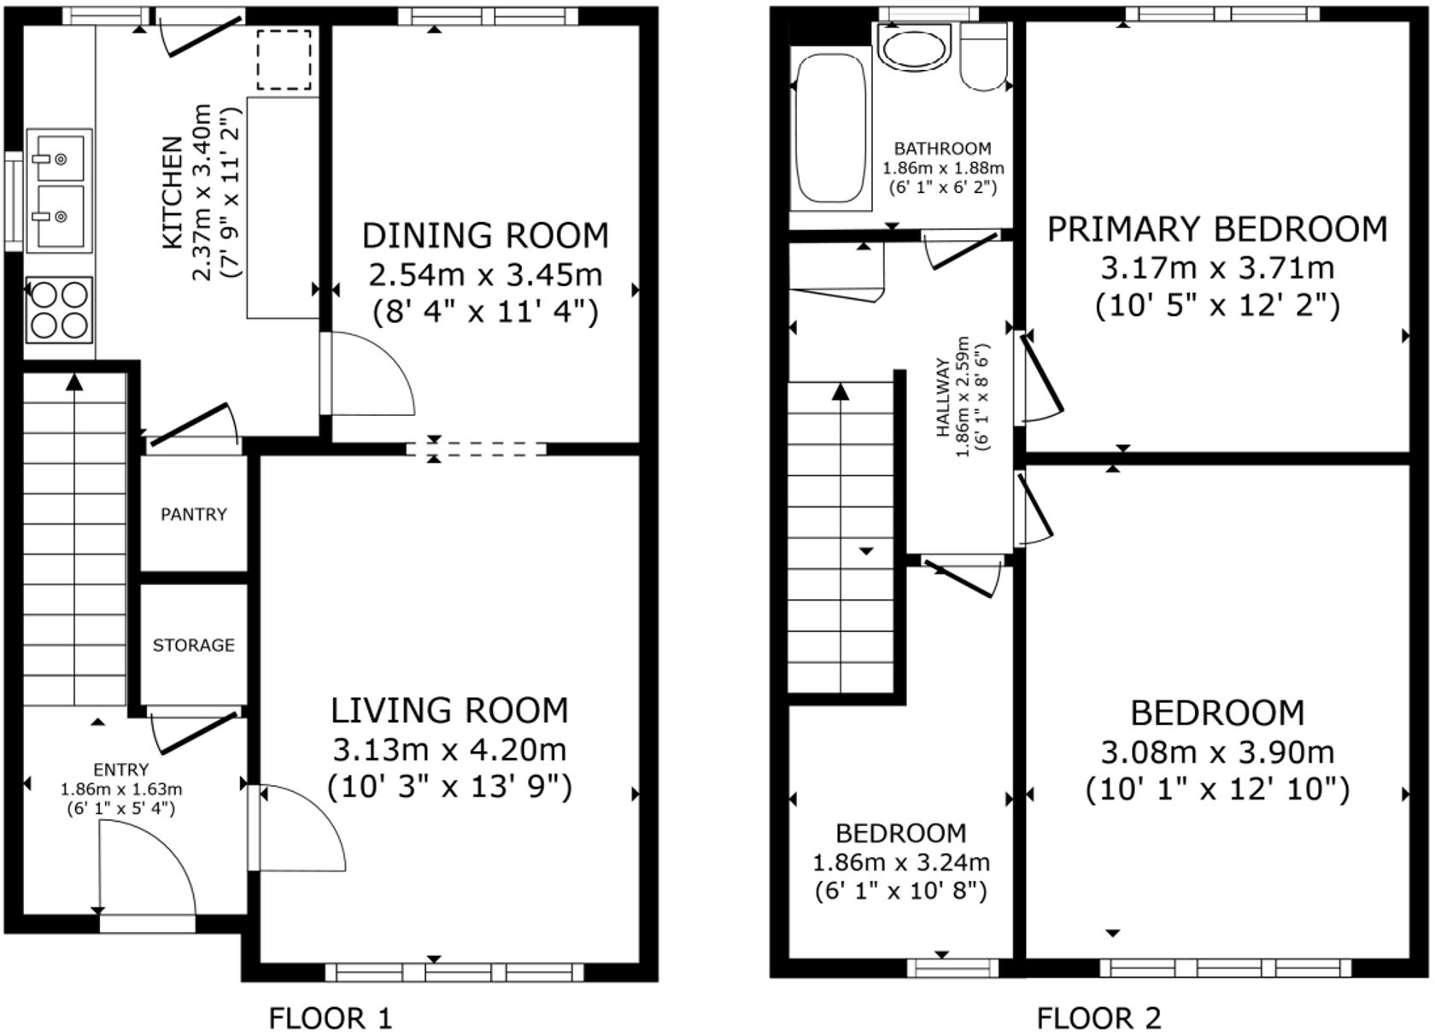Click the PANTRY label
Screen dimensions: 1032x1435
(194, 514)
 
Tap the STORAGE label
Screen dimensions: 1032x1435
(194, 645)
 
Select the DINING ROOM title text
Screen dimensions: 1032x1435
(485, 235)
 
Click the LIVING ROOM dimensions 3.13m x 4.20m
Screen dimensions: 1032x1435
(449, 749)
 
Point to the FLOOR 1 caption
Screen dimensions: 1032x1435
(331, 1017)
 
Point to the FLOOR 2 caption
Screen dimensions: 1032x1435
(1098, 1017)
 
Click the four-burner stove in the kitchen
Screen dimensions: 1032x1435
(59, 310)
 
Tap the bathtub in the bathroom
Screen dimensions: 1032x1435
(829, 126)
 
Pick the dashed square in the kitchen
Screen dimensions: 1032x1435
(284, 59)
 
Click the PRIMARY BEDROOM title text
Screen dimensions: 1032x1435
(1217, 229)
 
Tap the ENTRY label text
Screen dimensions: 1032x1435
(121, 770)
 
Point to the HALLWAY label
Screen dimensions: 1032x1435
(943, 398)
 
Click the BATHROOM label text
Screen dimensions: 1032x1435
(943, 149)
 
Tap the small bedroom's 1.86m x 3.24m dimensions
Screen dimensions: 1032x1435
(901, 862)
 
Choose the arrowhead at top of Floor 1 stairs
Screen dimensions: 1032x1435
(75, 382)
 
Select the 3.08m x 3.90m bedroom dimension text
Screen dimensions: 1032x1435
(1217, 752)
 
